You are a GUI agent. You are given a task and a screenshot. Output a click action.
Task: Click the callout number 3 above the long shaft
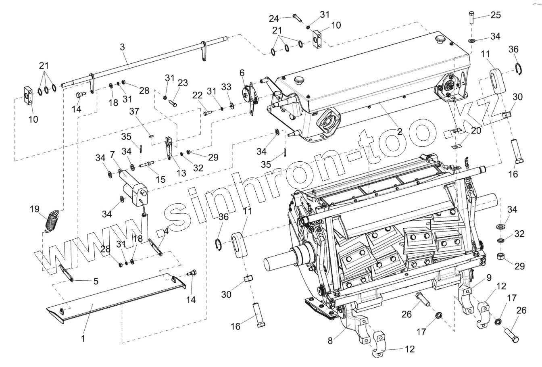click(x=123, y=47)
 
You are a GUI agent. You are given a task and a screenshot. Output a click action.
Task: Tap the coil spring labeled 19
click(x=52, y=221)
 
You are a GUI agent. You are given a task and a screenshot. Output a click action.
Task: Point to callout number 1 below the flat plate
click(x=83, y=339)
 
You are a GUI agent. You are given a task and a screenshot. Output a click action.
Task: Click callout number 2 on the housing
click(x=399, y=131)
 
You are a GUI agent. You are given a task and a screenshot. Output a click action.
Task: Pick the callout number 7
click(x=112, y=154)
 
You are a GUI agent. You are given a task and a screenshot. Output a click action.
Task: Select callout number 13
click(x=181, y=173)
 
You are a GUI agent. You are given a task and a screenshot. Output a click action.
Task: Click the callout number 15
click(x=161, y=179)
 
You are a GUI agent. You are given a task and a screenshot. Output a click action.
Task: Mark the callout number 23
click(x=183, y=83)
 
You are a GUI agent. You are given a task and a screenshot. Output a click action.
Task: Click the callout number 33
click(x=226, y=87)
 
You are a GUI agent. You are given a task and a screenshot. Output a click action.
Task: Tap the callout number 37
click(x=134, y=111)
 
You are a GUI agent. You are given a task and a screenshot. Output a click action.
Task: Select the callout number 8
click(x=330, y=341)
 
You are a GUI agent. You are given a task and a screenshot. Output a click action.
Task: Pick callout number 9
click(x=489, y=277)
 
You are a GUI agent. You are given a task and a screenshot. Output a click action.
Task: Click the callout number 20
click(x=476, y=131)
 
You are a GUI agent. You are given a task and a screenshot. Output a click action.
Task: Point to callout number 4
click(x=166, y=232)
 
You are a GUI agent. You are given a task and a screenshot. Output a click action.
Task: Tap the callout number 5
click(x=96, y=282)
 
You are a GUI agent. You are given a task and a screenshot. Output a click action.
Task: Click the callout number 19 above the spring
click(x=35, y=209)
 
